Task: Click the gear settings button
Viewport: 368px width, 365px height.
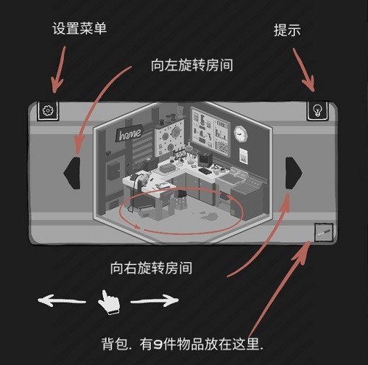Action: [x=48, y=111]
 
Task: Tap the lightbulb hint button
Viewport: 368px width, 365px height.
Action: [x=317, y=110]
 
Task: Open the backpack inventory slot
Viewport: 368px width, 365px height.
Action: [x=323, y=233]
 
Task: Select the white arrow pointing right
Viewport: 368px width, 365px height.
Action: [x=155, y=300]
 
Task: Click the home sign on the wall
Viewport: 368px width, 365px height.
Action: [x=130, y=135]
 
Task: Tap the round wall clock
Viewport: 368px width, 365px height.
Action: [x=241, y=134]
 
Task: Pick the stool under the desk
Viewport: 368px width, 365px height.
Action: [x=181, y=198]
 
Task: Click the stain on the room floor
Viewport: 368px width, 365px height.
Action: [x=205, y=216]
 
